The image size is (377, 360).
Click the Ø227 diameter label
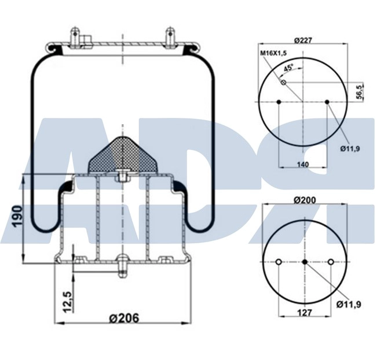[303, 40]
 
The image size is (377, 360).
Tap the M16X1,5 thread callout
[273, 53]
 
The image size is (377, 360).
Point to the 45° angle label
[288, 68]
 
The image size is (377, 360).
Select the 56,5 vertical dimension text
[360, 92]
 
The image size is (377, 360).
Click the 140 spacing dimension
[302, 164]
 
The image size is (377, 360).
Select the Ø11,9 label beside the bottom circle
[349, 303]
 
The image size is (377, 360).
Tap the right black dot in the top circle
[327, 102]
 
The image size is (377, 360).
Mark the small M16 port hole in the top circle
[283, 83]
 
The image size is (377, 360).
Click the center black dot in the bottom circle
[305, 262]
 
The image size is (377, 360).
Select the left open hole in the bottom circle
[279, 262]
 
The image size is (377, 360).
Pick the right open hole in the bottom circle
[330, 262]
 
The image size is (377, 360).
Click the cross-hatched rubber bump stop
[122, 156]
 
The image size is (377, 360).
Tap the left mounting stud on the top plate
[74, 36]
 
